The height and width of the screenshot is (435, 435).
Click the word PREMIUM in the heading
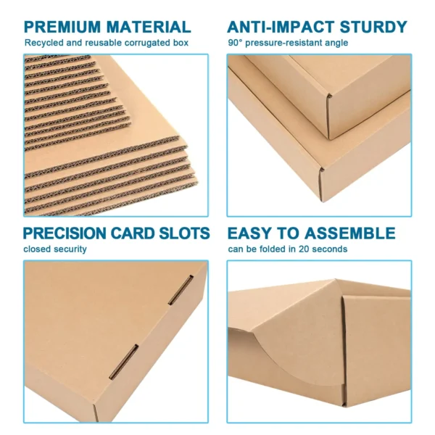click(62, 28)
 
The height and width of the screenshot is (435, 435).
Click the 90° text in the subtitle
click(235, 43)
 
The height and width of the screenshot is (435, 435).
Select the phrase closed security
click(54, 249)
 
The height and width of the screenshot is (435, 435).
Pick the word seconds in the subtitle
click(330, 249)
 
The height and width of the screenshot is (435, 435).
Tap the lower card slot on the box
click(123, 361)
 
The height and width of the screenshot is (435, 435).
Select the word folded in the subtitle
click(274, 249)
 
